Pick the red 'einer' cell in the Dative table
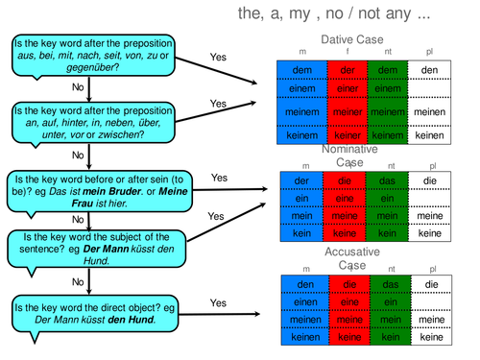343,89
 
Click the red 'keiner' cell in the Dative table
343,135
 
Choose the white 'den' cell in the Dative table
430,70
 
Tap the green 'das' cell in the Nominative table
387,180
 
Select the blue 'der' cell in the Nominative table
300,180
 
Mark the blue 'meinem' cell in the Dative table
300,112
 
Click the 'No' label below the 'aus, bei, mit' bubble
78,86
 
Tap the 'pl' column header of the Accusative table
431,269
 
